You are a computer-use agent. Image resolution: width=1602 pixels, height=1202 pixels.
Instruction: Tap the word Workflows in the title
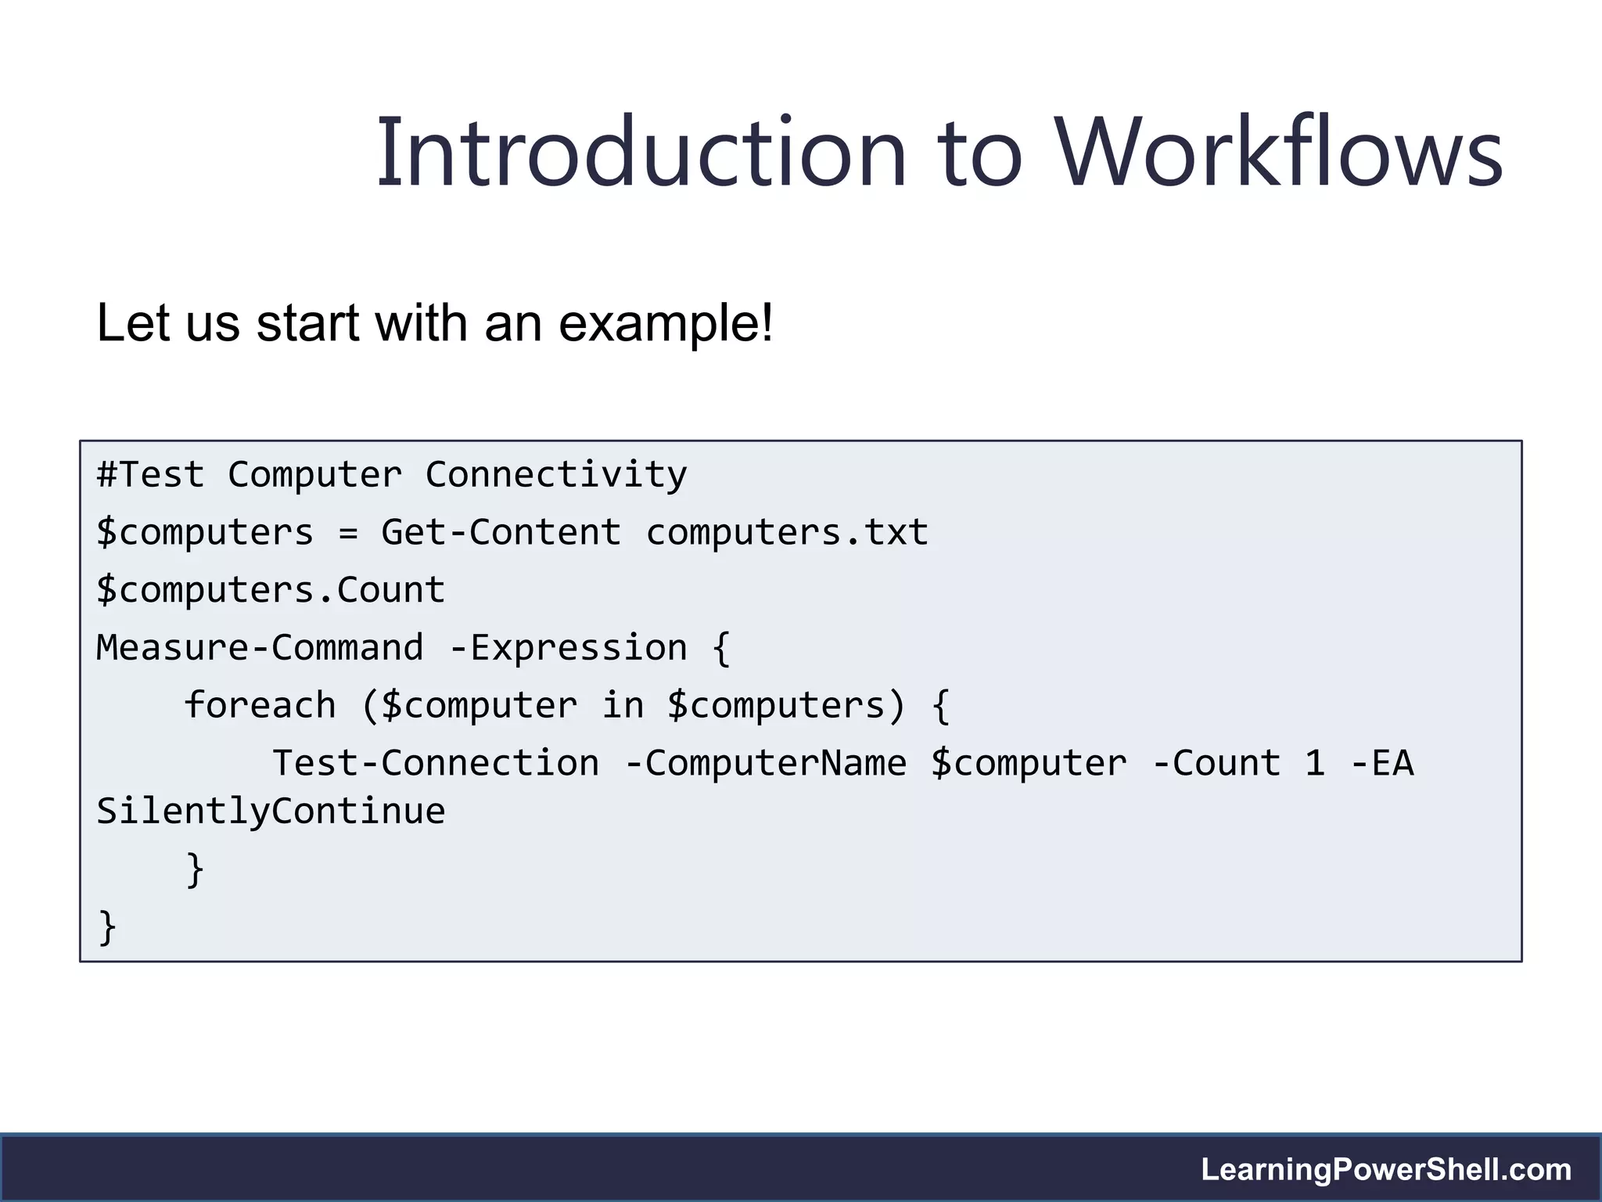click(1279, 153)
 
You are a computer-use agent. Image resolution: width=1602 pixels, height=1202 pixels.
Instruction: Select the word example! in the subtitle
click(666, 323)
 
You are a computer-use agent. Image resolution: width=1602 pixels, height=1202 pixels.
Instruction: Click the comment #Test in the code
click(150, 475)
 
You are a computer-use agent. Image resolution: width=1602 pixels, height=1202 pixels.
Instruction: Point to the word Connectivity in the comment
click(556, 475)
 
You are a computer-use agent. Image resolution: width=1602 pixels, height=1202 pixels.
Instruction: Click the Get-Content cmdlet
click(501, 533)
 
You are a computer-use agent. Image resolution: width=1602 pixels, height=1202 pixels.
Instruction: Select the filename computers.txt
click(787, 533)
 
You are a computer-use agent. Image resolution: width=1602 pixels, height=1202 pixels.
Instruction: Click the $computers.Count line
click(271, 590)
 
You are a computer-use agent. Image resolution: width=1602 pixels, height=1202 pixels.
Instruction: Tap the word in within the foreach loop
click(623, 705)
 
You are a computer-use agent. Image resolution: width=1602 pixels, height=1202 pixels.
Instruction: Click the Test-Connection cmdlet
click(436, 763)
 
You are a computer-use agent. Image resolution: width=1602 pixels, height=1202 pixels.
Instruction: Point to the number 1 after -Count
click(1315, 763)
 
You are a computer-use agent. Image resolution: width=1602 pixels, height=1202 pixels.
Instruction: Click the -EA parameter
click(1382, 763)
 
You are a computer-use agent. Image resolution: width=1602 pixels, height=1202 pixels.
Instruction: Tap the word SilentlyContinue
click(271, 812)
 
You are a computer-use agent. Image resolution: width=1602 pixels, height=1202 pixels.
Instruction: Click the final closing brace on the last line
click(107, 927)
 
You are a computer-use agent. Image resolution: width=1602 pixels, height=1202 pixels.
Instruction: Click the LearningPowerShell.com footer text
click(1386, 1169)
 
